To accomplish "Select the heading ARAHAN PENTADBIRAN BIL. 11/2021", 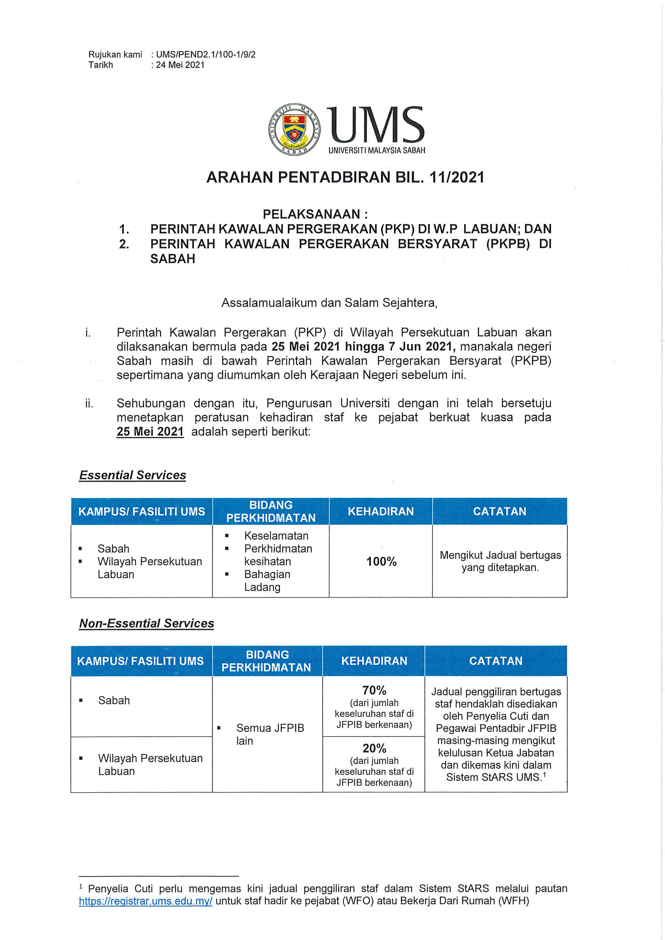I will pos(345,178).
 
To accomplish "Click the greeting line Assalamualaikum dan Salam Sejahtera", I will pos(330,303).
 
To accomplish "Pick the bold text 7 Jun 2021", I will pos(421,347).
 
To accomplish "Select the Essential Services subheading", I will pos(133,475).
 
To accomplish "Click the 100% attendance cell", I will pos(381,562).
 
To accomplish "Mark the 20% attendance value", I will pos(374,748).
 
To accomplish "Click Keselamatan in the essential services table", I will pos(276,536).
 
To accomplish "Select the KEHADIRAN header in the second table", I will pos(374,661).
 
